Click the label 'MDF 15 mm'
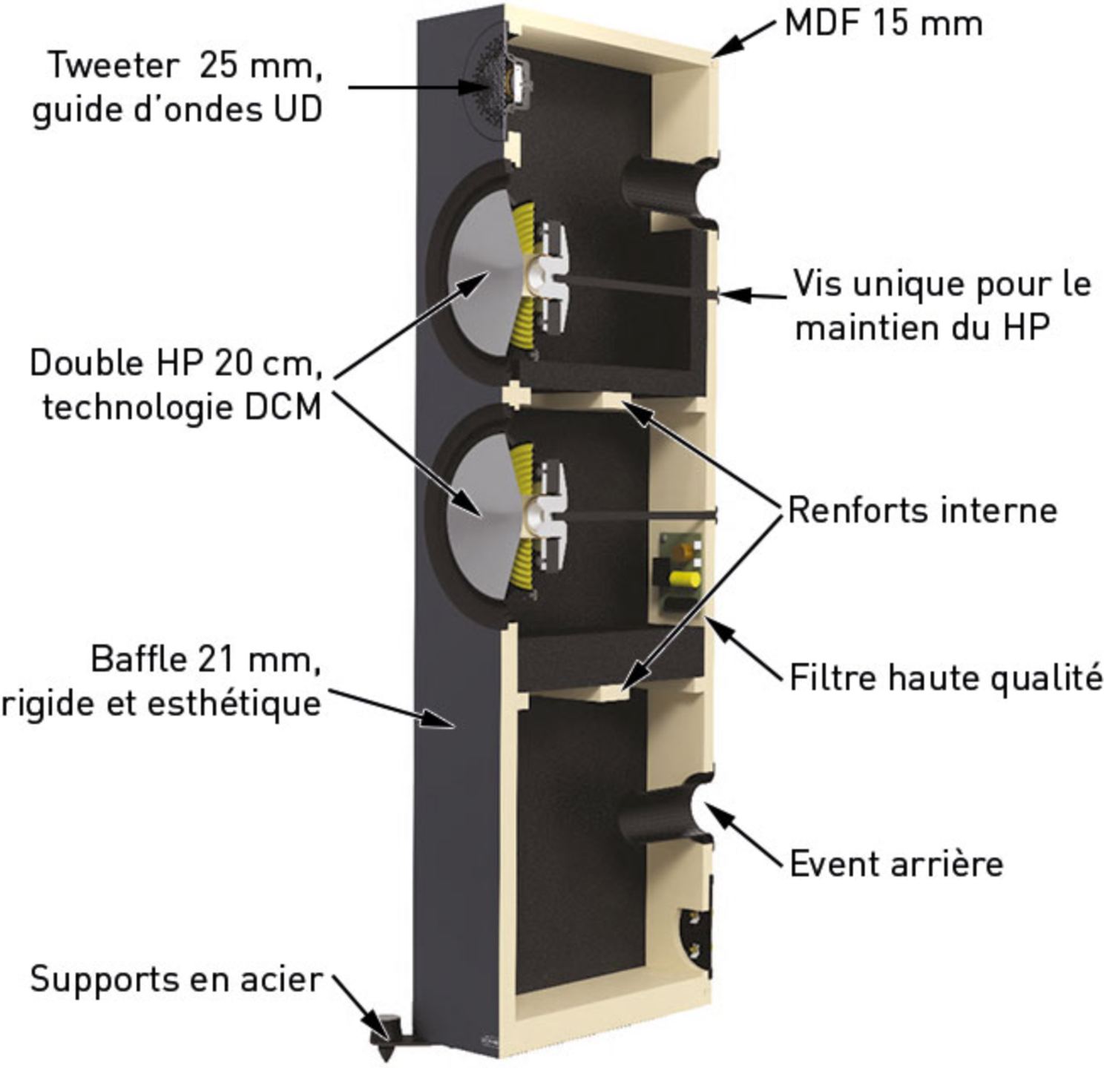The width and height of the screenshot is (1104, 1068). coord(884,24)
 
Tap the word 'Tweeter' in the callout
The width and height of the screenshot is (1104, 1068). coord(114,65)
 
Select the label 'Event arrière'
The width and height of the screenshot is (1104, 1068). coord(896,864)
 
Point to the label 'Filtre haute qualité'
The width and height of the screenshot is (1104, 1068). coord(946,679)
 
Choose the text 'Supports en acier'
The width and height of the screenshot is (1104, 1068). coord(177,979)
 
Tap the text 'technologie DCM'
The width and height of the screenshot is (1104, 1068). coord(182,407)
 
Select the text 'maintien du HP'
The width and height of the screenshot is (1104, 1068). coord(922,327)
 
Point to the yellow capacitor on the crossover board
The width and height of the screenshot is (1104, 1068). coord(684,580)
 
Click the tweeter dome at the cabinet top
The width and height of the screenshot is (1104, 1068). coord(489,85)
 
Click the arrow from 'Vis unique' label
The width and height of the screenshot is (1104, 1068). coord(752,295)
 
